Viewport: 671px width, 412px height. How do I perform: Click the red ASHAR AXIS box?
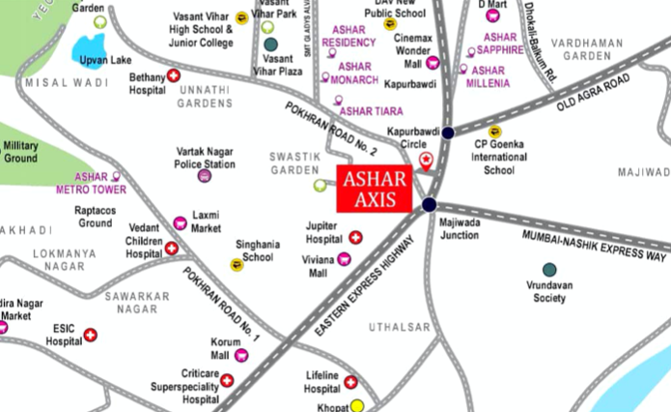[377, 189]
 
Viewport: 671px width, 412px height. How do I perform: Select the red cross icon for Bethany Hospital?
[174, 75]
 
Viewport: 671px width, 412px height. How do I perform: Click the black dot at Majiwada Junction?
[429, 204]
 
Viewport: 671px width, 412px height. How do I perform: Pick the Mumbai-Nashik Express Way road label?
[595, 247]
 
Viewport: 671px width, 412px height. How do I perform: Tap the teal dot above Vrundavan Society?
[549, 269]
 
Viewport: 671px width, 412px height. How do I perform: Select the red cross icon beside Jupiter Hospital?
[355, 237]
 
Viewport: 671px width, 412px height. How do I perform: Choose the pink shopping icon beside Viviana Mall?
[344, 258]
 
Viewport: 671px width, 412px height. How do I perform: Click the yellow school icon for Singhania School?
[237, 265]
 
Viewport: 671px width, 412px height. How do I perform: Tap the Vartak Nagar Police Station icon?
[204, 176]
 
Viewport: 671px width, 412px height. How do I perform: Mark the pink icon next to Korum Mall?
[241, 356]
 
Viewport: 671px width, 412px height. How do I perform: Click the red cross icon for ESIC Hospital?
[91, 335]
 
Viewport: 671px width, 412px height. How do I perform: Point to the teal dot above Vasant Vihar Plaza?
[271, 44]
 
